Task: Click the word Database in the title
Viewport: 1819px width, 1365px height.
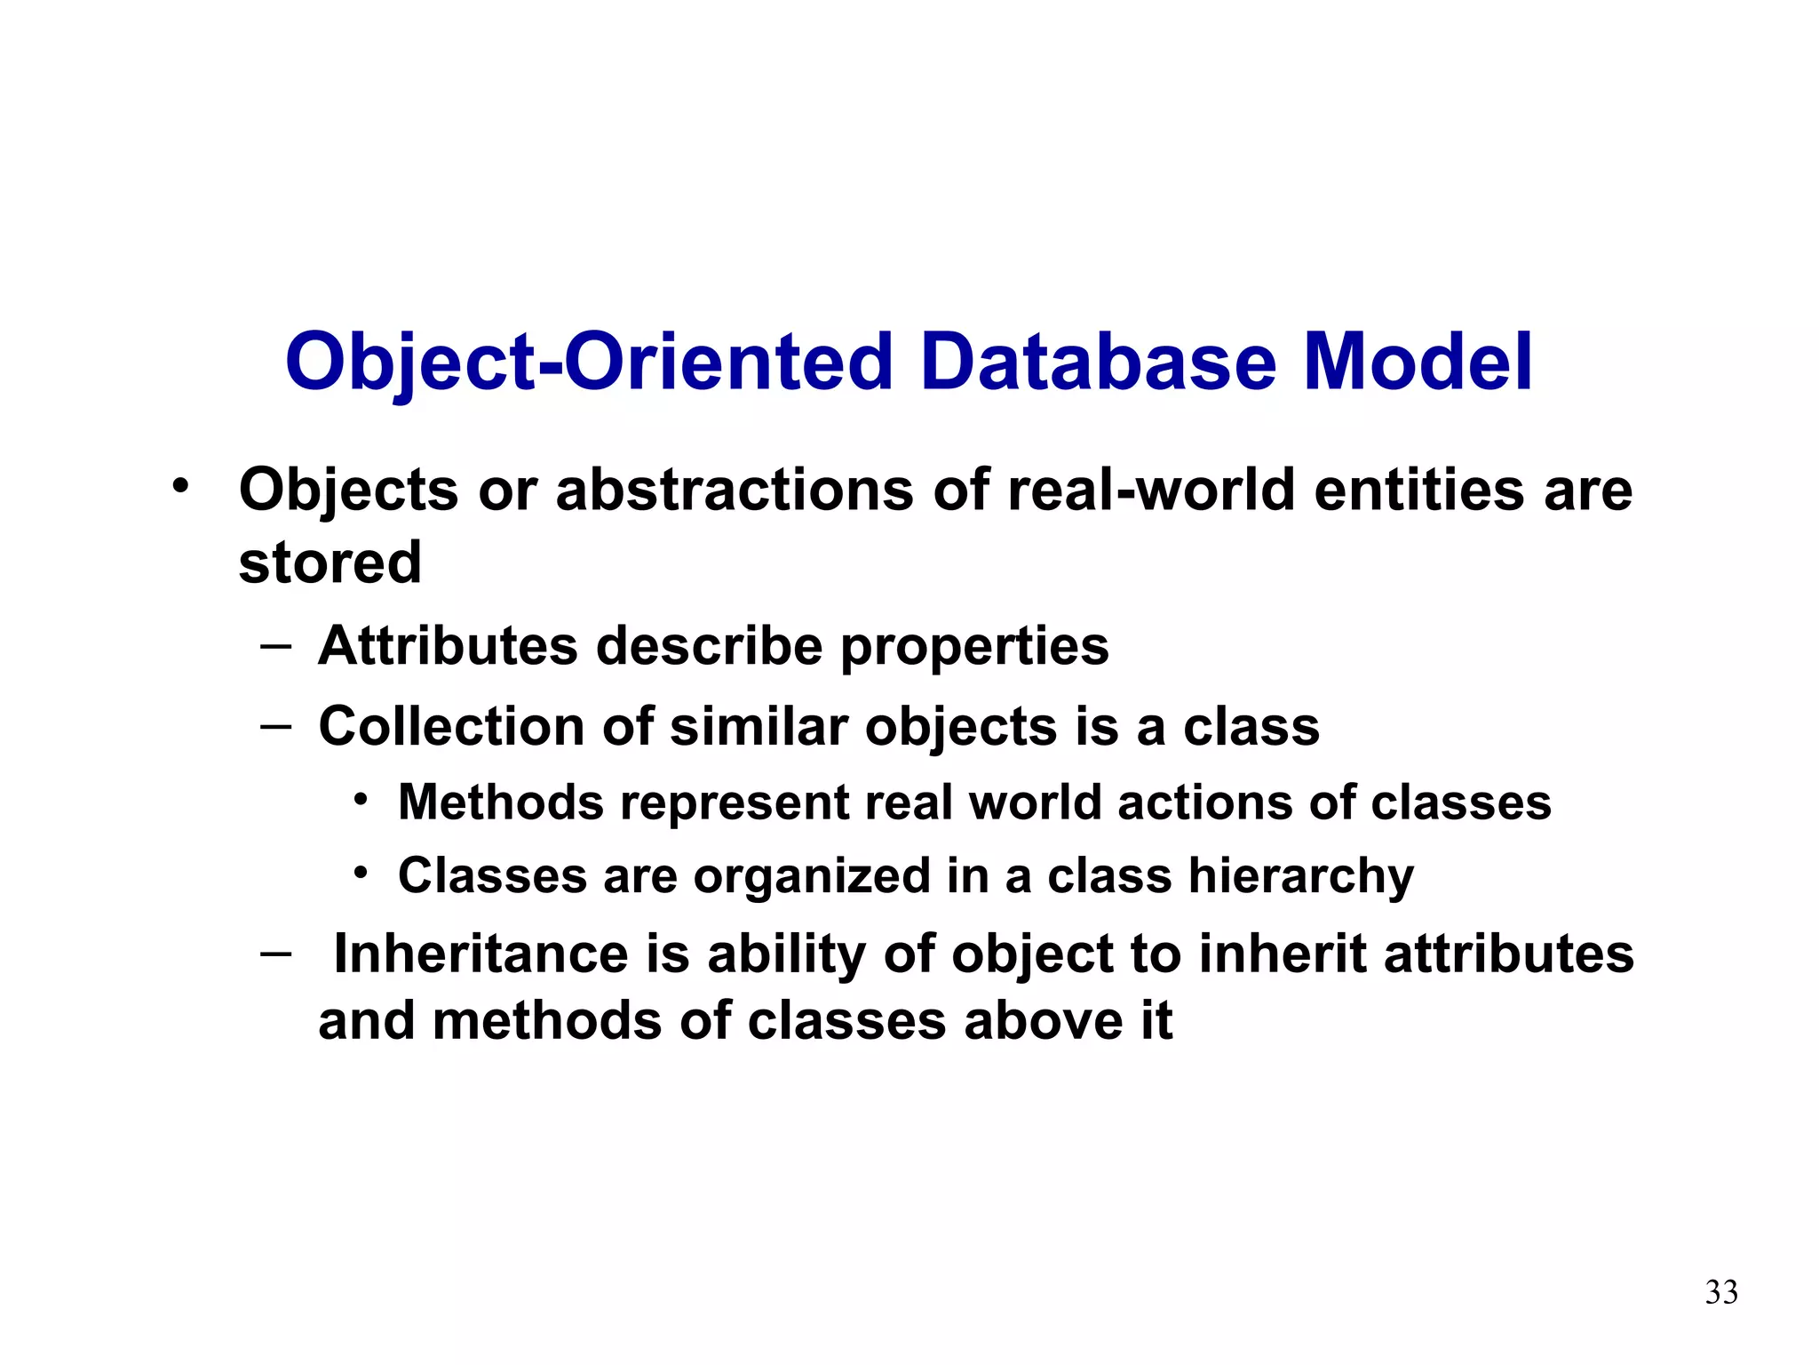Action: (1099, 362)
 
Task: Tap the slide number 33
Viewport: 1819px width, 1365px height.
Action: (1721, 1292)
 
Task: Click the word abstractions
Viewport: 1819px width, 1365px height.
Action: (734, 490)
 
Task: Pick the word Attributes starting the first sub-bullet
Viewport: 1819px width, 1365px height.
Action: (448, 645)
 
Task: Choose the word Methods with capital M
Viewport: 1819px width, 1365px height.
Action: (501, 802)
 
